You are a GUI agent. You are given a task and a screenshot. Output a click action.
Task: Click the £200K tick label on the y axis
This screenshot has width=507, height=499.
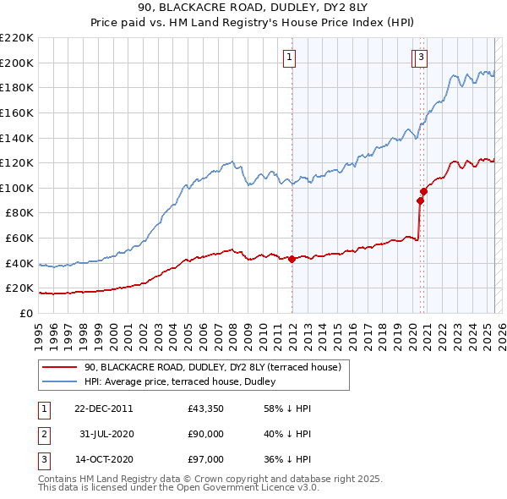(17, 63)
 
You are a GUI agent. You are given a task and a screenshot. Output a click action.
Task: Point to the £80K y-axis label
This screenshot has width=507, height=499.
(19, 213)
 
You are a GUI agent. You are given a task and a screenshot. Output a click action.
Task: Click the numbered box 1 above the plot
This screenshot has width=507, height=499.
(289, 58)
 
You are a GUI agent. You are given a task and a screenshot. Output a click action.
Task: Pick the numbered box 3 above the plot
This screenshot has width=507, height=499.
(421, 58)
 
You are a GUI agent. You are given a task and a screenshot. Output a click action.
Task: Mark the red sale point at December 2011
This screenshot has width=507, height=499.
(292, 260)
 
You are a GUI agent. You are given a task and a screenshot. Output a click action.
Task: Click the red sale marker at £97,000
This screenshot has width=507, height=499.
(424, 191)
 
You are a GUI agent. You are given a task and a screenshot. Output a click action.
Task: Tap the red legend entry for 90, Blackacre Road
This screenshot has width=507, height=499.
(212, 367)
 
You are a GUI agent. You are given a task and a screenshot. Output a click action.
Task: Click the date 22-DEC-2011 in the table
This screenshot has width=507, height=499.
(103, 409)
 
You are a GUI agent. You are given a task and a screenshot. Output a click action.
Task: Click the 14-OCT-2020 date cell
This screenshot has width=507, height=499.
(103, 459)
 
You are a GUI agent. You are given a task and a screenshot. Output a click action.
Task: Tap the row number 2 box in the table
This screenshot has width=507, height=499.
(43, 434)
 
